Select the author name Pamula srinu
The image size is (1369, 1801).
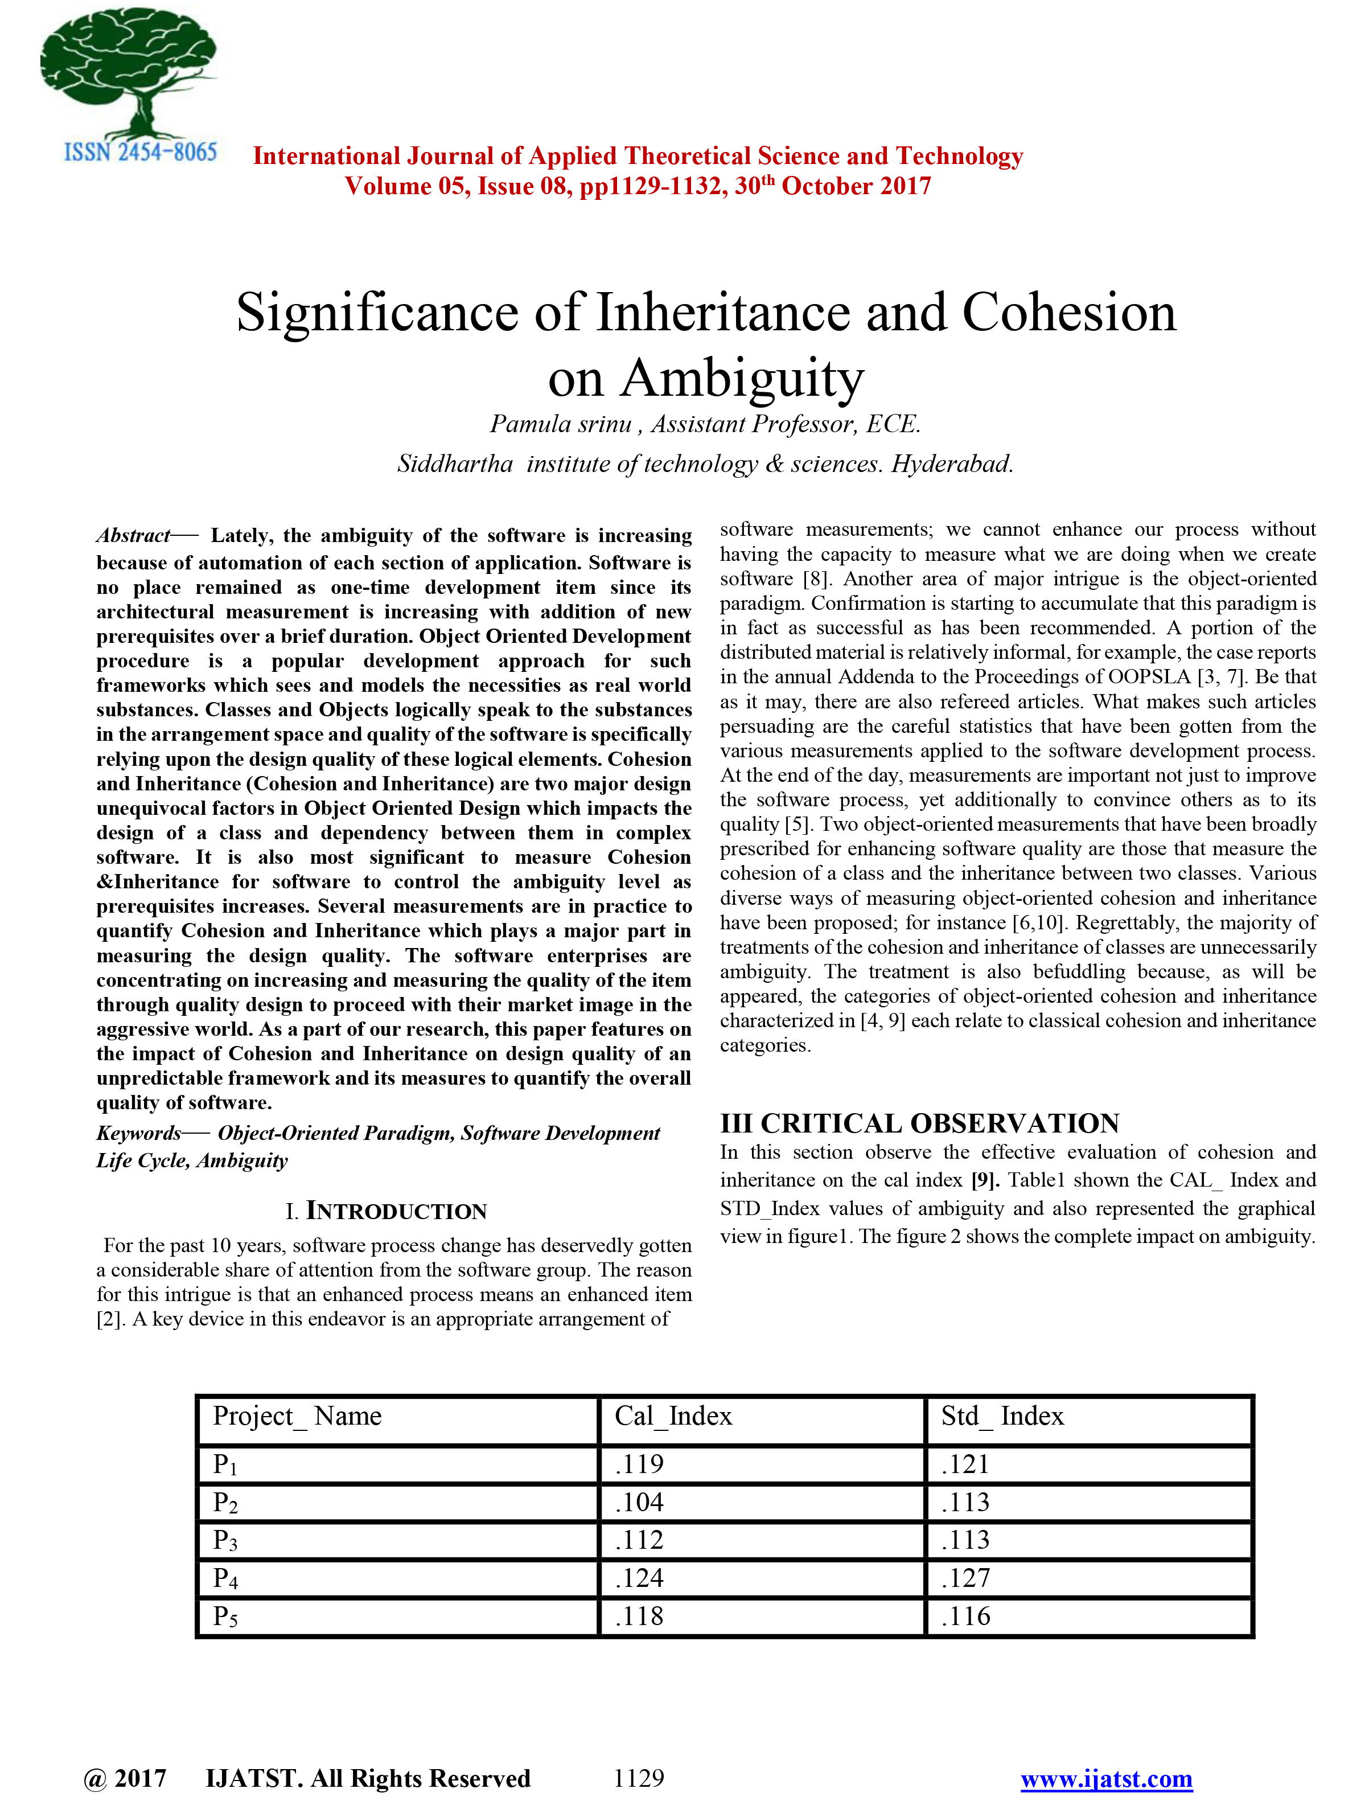click(561, 425)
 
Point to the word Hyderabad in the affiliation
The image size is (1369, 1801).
click(952, 465)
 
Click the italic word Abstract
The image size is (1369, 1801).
click(133, 535)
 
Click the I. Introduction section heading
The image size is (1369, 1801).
click(387, 1211)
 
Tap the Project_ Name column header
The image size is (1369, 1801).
click(297, 1416)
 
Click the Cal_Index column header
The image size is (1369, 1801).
click(673, 1416)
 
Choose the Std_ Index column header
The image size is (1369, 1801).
click(1002, 1416)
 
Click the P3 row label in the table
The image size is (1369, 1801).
click(225, 1540)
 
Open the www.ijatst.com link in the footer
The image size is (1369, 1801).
click(1107, 1778)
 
